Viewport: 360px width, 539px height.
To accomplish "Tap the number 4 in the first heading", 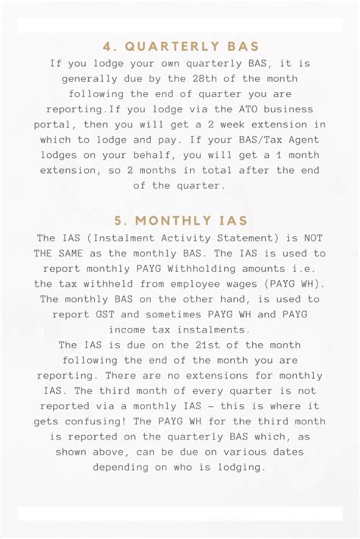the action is point(107,46).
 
